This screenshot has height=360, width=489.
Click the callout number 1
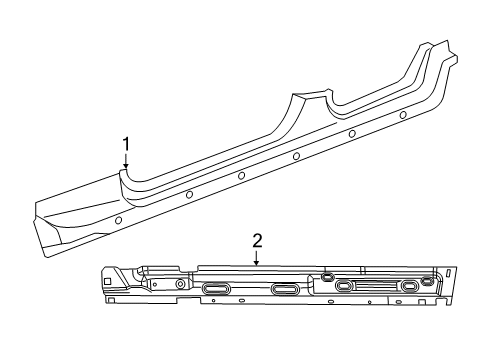[x=126, y=144]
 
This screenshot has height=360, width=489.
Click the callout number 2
[x=257, y=240]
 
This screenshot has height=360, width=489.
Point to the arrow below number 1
[x=126, y=163]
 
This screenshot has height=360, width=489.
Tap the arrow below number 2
[x=257, y=259]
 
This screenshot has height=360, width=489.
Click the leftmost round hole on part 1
[x=119, y=219]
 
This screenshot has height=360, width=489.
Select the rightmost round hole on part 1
[x=403, y=115]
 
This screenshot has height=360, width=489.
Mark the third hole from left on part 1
[x=242, y=175]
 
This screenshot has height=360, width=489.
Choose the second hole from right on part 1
[x=353, y=134]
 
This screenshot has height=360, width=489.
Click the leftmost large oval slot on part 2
[x=216, y=289]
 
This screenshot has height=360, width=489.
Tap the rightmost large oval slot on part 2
[x=410, y=286]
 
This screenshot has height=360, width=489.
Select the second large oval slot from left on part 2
[x=285, y=289]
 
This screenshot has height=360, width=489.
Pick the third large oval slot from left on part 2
[x=344, y=286]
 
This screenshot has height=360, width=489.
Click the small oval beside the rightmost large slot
[x=428, y=279]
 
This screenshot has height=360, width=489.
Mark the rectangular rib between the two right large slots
[x=377, y=286]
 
